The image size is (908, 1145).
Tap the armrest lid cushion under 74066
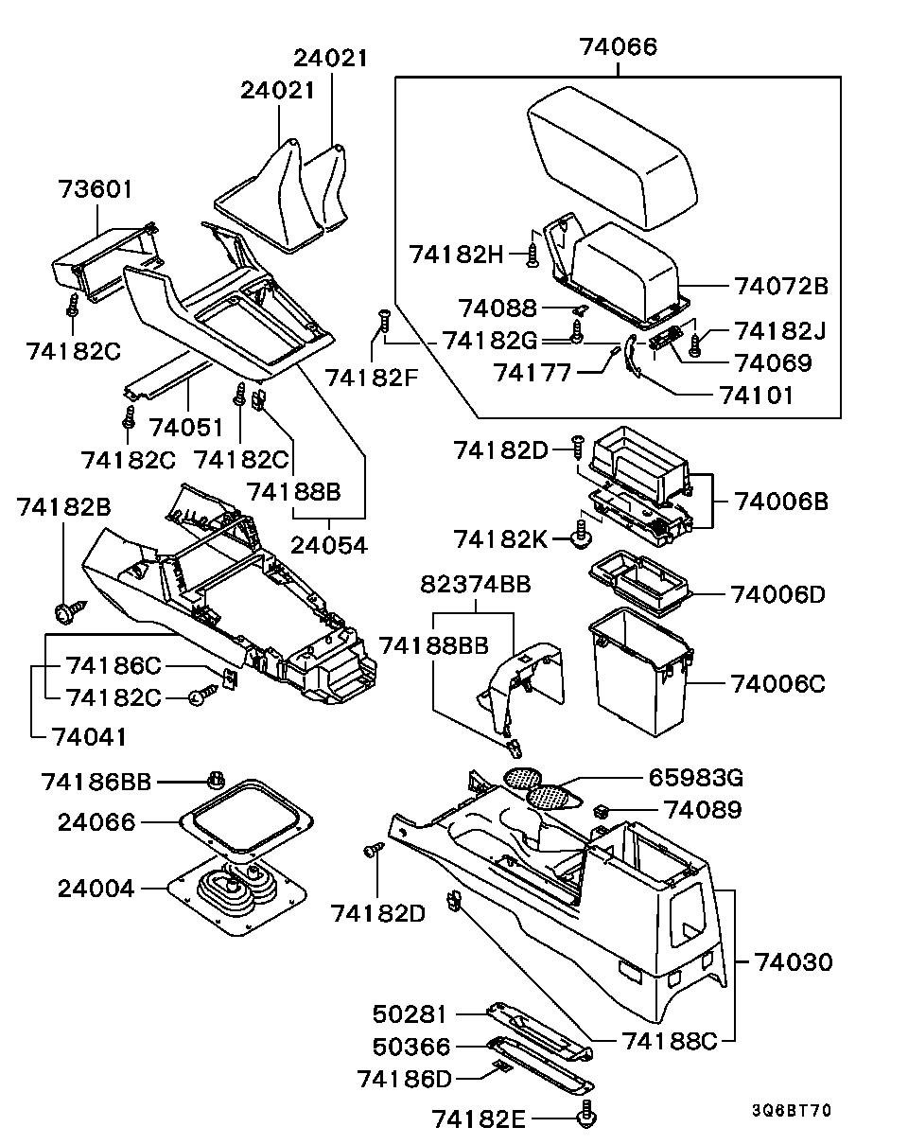pos(611,156)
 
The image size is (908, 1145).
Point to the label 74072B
pos(780,285)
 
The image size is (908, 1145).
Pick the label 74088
pos(498,308)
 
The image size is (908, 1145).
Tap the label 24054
pos(328,546)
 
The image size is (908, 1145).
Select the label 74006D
pos(777,594)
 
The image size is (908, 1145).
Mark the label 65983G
pos(695,778)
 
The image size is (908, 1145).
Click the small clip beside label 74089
pos(601,811)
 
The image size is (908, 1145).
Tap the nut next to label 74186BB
pos(215,783)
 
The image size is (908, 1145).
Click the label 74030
pos(794,962)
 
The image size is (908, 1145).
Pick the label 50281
pos(409,1014)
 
